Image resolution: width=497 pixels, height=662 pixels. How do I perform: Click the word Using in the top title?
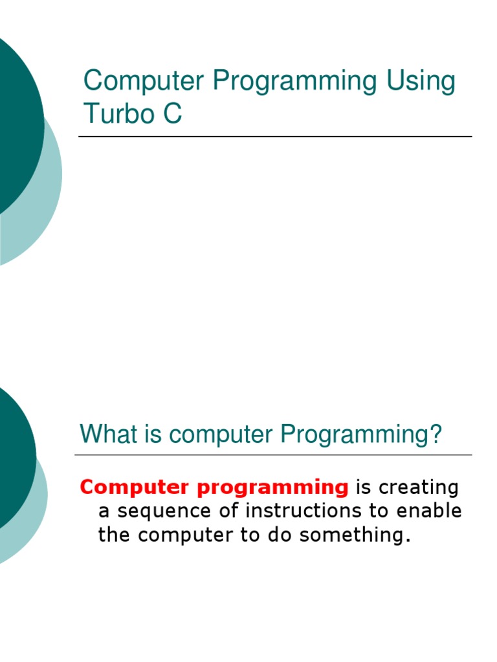pyautogui.click(x=421, y=82)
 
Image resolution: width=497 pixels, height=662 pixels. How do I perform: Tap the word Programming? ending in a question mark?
pyautogui.click(x=360, y=435)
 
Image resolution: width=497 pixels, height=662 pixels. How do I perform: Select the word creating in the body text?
pyautogui.click(x=418, y=487)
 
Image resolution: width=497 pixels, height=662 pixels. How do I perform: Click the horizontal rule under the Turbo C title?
pyautogui.click(x=275, y=136)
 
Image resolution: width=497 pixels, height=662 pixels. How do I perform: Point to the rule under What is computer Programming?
pyautogui.click(x=273, y=455)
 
